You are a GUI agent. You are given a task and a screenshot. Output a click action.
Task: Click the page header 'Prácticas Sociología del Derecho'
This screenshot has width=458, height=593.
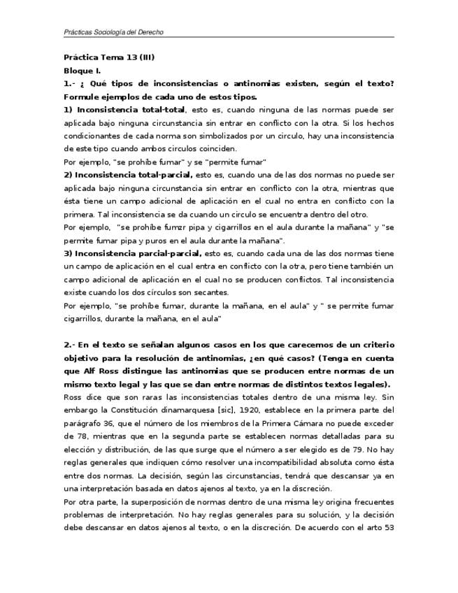pos(114,32)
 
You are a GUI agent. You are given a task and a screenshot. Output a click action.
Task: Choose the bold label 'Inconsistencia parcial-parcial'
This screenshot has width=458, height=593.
pos(138,252)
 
